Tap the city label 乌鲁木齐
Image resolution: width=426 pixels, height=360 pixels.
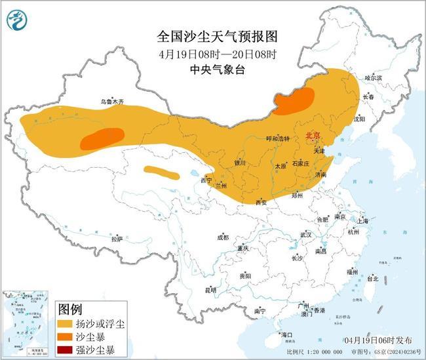[111, 102]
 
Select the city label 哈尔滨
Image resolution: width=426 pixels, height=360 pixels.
[372, 77]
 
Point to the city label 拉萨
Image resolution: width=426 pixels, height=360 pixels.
[117, 239]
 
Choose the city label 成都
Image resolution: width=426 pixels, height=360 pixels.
[223, 237]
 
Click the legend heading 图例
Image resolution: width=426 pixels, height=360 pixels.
[70, 308]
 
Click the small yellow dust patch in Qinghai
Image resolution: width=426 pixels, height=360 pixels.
[161, 172]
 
